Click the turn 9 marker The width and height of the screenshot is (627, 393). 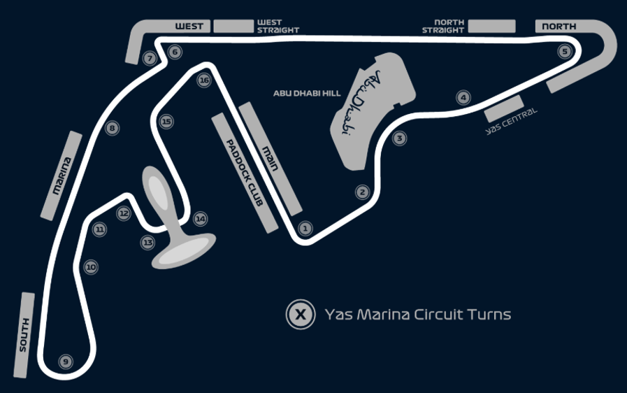66,362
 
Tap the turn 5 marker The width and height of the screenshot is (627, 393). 565,51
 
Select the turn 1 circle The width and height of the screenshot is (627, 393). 305,229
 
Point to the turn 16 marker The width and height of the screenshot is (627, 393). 204,80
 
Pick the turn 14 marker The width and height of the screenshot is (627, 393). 201,219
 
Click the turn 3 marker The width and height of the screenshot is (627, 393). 399,138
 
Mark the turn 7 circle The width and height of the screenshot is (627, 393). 150,59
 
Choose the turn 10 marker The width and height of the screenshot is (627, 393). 91,267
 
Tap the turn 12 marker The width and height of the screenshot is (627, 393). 124,213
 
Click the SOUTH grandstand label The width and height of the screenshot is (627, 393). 24,335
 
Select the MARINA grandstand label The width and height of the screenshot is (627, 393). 62,176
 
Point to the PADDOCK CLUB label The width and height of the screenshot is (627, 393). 245,173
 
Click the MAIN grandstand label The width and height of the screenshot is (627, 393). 270,159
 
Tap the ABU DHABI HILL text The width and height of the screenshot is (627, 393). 307,93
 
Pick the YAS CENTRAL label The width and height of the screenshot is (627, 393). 511,121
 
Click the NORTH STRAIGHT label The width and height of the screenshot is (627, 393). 443,26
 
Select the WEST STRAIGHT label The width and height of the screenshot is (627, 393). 278,26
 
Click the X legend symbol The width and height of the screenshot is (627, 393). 301,314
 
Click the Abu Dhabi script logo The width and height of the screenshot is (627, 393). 361,103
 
